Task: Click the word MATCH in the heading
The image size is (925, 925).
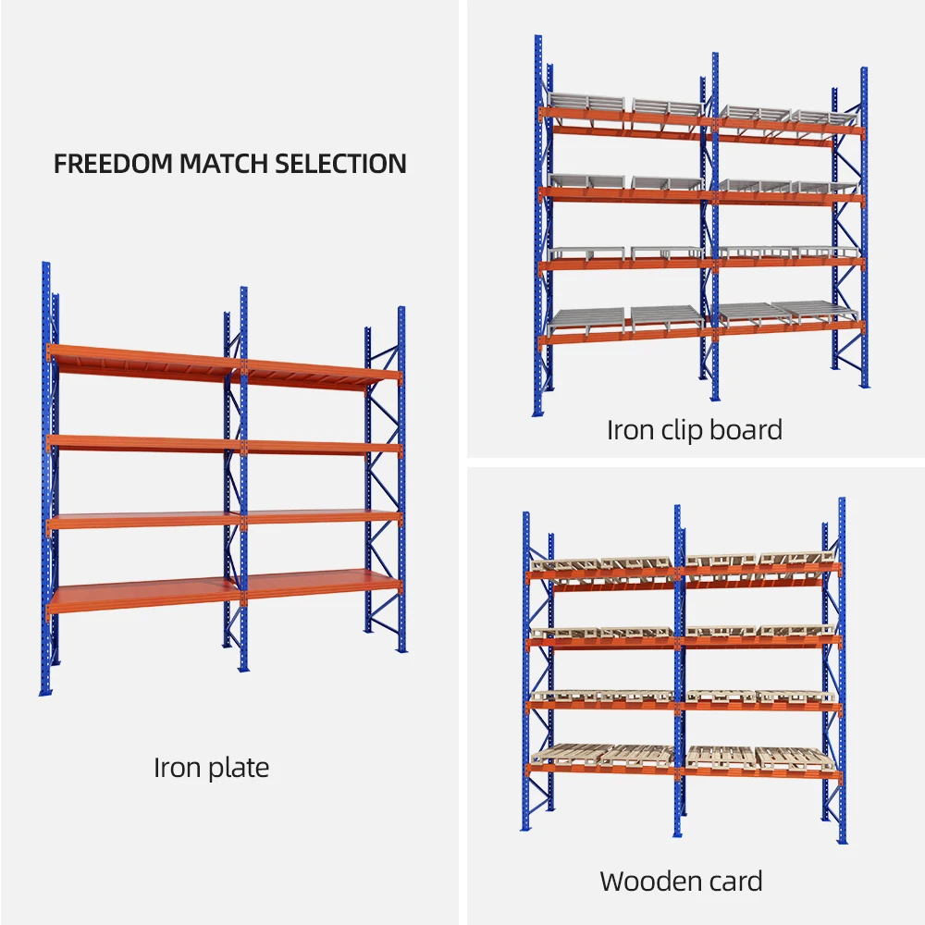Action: point(225,164)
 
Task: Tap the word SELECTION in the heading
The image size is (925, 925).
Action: point(341,164)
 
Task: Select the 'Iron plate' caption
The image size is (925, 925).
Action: point(211,768)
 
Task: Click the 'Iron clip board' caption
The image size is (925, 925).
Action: point(694,429)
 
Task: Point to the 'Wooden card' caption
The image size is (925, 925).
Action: point(681,881)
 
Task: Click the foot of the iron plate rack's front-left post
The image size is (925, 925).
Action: point(44,690)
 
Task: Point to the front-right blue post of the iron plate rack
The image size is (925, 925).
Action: point(401,481)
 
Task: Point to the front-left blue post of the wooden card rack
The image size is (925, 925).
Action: point(526,675)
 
